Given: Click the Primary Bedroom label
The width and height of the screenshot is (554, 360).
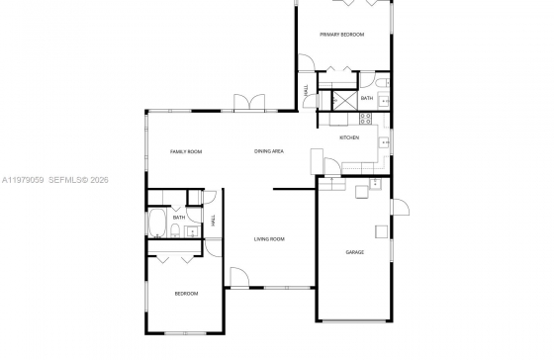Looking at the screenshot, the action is click(341, 35).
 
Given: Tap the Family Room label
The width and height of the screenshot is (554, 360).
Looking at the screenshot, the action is click(186, 151).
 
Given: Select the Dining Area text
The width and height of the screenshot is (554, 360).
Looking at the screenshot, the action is click(269, 151).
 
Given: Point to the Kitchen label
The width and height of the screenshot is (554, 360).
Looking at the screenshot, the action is click(349, 137).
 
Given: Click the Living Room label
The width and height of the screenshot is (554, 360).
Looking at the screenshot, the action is click(269, 239).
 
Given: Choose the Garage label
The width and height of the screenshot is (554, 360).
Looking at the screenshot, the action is click(355, 252).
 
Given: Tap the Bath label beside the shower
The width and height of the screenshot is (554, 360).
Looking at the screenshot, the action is click(367, 98).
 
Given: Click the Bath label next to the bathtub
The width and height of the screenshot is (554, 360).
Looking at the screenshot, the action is click(179, 218).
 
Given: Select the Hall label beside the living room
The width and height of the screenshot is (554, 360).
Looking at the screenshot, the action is click(213, 221).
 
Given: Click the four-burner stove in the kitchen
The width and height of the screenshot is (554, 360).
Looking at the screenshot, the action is click(365, 119).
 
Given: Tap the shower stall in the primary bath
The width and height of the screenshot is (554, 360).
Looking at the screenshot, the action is click(345, 100).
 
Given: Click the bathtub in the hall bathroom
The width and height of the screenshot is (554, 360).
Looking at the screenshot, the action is click(157, 223).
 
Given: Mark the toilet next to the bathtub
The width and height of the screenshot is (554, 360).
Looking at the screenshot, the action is click(175, 231).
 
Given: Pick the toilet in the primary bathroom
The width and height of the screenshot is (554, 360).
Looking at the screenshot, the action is click(382, 83).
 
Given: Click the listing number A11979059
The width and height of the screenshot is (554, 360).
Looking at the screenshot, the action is click(23, 180).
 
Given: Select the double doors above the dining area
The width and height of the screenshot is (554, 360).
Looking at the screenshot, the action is click(249, 103).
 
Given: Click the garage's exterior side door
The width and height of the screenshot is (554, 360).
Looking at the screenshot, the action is click(400, 207).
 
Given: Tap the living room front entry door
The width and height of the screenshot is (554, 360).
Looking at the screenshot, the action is click(239, 277).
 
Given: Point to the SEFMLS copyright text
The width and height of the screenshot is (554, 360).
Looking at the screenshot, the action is click(78, 180).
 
